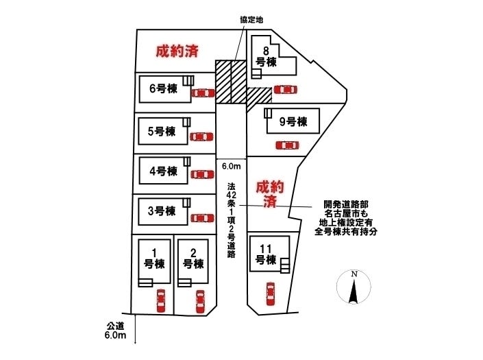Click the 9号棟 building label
point(293,122)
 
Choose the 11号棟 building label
point(266,254)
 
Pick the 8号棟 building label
point(266,56)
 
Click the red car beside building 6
point(202,93)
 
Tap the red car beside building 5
point(200,136)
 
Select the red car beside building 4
point(201,174)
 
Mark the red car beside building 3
point(201,218)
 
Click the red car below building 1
point(161,300)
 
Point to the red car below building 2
point(200,301)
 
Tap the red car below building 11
point(270,295)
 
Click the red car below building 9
point(286,145)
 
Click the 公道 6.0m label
point(115,331)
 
